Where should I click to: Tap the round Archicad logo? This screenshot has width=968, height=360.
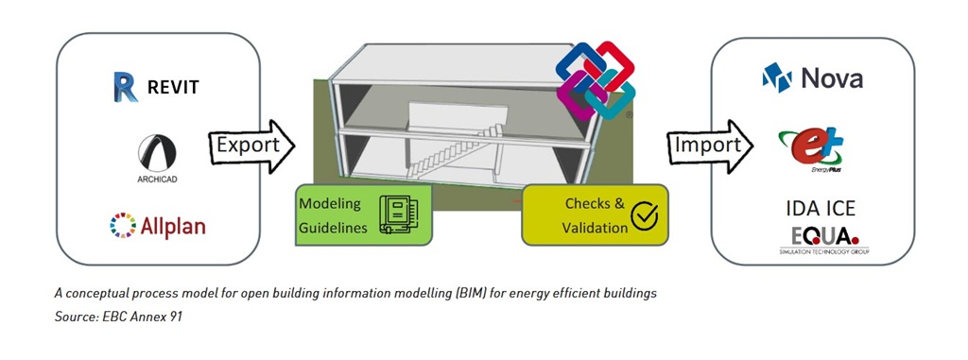tap(157, 154)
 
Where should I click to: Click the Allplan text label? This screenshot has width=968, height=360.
tap(172, 226)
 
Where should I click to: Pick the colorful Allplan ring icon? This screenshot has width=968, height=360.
tap(124, 226)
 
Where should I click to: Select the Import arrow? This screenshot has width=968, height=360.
tap(709, 146)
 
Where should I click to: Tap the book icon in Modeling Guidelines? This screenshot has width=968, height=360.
tap(396, 214)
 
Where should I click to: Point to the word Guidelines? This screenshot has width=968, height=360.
tap(333, 227)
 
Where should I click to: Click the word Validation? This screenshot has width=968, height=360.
tap(592, 227)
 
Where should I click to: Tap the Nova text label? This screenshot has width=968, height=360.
tap(832, 78)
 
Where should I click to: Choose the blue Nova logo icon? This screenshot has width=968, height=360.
tap(777, 77)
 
